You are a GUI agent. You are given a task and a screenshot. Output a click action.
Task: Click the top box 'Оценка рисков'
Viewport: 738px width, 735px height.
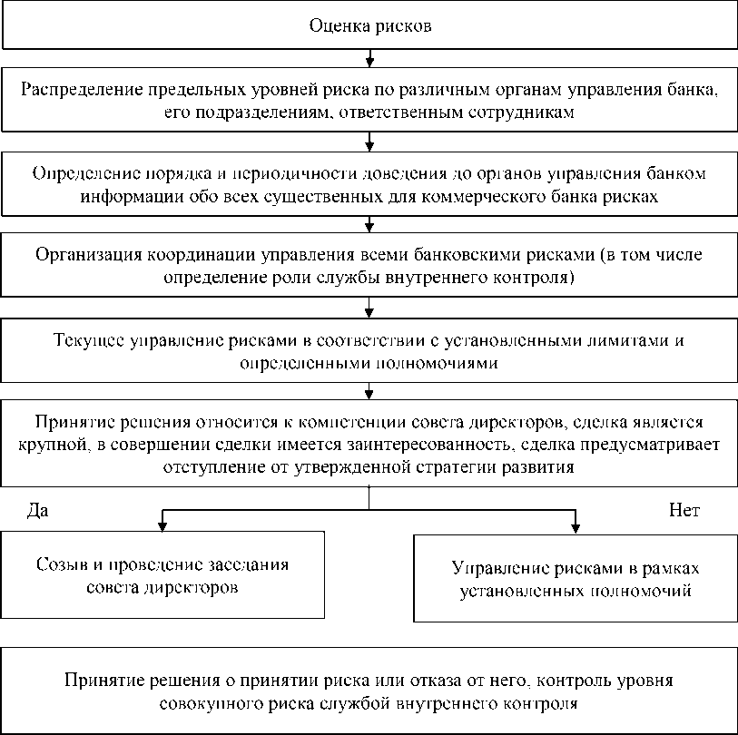[x=369, y=25]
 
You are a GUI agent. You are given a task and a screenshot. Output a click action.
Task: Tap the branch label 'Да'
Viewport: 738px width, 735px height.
[x=37, y=511]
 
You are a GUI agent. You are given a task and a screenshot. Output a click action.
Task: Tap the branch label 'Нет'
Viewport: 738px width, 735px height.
[x=684, y=511]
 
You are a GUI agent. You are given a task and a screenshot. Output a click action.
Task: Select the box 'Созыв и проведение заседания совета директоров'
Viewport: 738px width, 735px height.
[x=162, y=575]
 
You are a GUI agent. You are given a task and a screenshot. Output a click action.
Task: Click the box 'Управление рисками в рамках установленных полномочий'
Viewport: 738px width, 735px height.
[x=576, y=579]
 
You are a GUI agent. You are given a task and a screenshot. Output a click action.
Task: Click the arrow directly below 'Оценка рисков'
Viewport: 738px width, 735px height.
[x=369, y=60]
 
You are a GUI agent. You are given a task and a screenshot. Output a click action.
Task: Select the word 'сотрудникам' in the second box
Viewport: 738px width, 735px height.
[x=523, y=112]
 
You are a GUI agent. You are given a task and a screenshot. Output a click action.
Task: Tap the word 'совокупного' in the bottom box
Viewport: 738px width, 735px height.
[x=207, y=702]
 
